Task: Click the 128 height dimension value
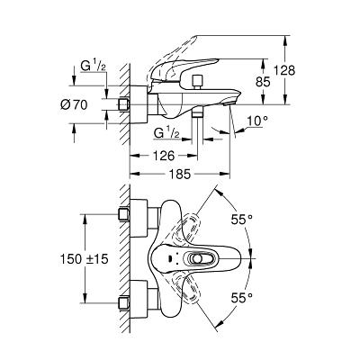[x=284, y=71]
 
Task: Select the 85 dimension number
[x=263, y=82]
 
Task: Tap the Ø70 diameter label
[x=74, y=104]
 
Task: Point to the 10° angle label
[x=257, y=121]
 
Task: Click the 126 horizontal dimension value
[x=164, y=156]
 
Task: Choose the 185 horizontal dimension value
[x=179, y=174]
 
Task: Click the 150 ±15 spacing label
[x=84, y=259]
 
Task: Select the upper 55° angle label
[x=241, y=220]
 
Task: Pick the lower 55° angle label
[x=241, y=298]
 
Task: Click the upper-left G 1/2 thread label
[x=93, y=67]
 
